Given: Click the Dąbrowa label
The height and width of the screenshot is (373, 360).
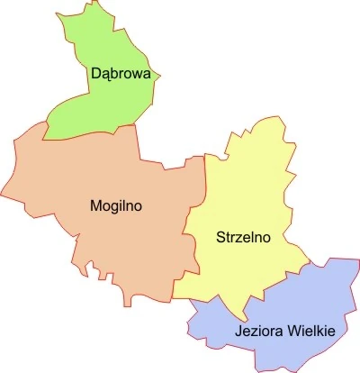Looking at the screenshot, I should coord(120,74).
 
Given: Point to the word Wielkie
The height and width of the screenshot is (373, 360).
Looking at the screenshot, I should coord(310,331).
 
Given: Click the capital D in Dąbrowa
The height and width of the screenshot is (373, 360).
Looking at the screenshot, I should coord(95,73).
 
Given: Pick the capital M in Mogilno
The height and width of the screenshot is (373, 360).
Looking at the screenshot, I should coord(96,205).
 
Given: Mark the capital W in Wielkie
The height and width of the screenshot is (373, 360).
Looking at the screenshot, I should coord(291,331).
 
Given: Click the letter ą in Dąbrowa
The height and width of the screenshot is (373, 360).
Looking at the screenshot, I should coord(105,76).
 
